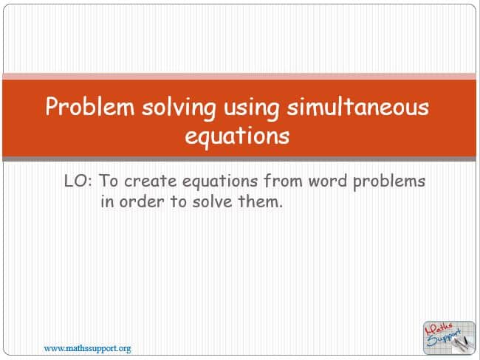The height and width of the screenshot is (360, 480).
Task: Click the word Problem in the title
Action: point(90,106)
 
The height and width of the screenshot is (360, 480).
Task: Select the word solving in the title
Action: point(179,108)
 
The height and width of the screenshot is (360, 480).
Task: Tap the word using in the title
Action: point(251,108)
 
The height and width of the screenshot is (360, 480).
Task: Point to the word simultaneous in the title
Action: point(358,106)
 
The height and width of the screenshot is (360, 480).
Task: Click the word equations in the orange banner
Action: point(237,136)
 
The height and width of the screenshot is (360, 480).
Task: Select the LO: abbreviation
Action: point(78,181)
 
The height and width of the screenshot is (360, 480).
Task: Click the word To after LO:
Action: point(109,181)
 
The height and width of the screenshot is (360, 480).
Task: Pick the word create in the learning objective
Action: point(151,181)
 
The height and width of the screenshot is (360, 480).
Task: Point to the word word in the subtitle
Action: point(328,181)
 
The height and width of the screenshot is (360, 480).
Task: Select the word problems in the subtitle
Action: point(389,181)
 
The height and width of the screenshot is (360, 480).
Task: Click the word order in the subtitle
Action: point(142,201)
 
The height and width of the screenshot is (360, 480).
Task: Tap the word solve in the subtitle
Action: point(212,201)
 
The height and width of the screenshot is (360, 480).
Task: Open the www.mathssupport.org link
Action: point(88,348)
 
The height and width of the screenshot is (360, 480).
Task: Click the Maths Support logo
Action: point(449,338)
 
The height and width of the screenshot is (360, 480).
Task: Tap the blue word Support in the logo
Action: point(444,338)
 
